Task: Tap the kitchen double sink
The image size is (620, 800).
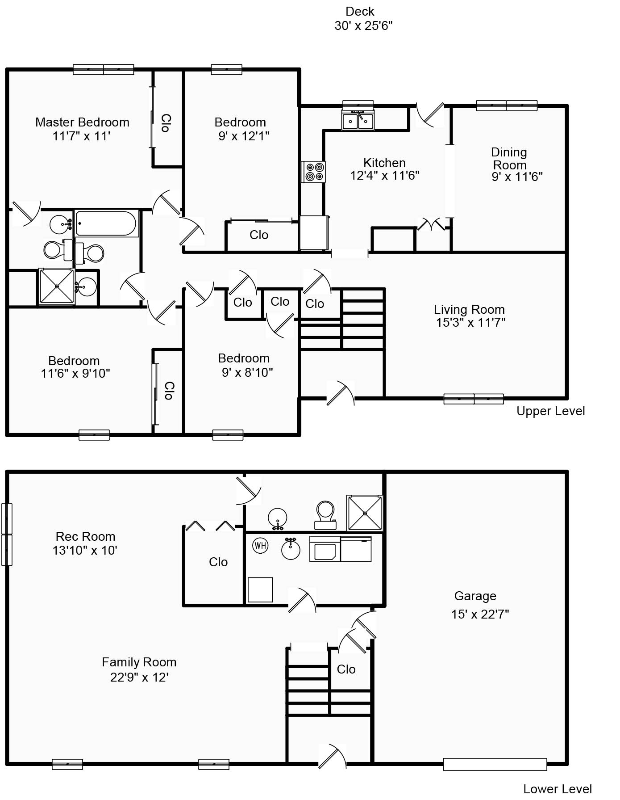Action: coord(358,120)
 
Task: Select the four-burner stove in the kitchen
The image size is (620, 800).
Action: coord(314,172)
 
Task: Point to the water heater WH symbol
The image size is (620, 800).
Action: coord(260,546)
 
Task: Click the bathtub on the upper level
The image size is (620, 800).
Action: coord(106,223)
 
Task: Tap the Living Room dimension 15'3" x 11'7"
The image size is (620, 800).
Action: coord(470,322)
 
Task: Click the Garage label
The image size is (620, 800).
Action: coord(475,596)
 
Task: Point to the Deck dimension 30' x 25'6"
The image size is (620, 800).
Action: coord(363,26)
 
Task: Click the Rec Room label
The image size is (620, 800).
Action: coord(85,536)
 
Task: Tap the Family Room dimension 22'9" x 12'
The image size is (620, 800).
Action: coord(139,678)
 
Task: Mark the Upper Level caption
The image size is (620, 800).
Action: coord(550,411)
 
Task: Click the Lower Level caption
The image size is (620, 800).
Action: coord(558,789)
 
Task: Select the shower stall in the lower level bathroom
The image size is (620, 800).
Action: coord(365,513)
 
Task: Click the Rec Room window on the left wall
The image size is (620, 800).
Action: coord(6,535)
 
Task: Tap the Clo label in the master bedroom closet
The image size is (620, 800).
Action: coord(165,123)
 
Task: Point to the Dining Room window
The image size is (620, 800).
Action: coord(507,106)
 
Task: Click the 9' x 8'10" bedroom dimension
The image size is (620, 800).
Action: coord(247,372)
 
